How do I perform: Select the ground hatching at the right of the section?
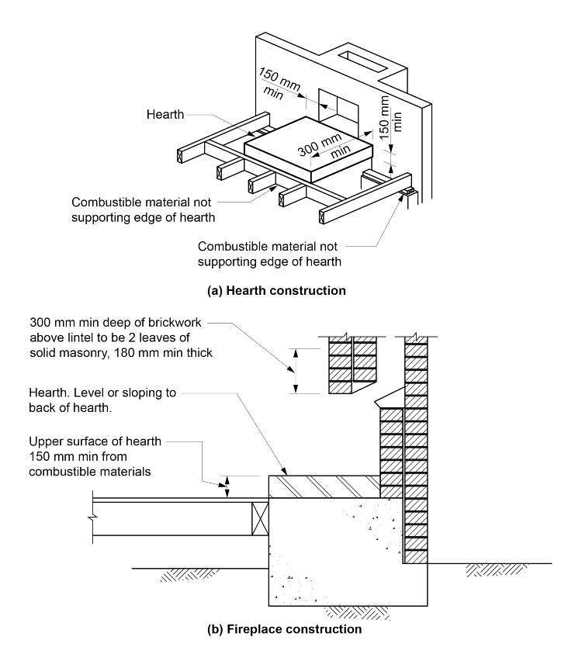pyautogui.click(x=490, y=571)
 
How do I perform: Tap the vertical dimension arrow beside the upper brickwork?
pyautogui.click(x=294, y=371)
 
